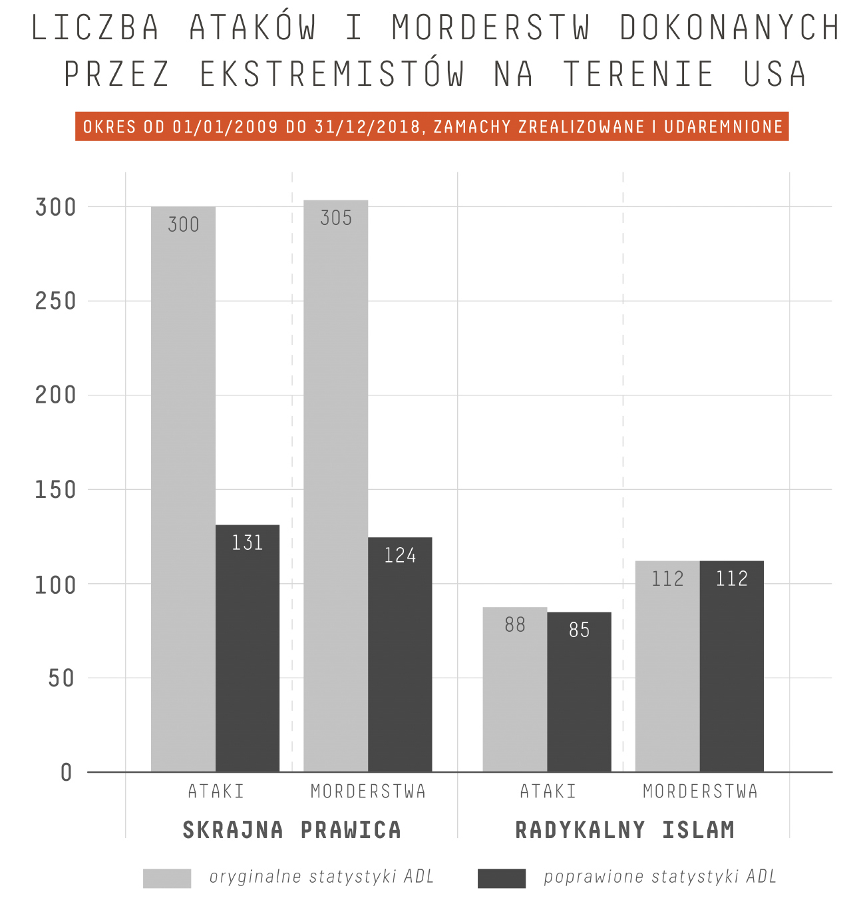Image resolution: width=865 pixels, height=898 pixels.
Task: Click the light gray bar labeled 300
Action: (x=183, y=489)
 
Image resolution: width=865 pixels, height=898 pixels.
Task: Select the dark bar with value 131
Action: (x=248, y=648)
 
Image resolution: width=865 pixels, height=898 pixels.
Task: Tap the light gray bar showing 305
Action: (x=335, y=486)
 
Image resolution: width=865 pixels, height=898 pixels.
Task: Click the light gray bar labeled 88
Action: (x=515, y=690)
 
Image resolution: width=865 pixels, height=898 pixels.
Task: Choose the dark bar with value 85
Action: (x=579, y=692)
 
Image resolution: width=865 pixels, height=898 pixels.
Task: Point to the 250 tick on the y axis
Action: (x=56, y=301)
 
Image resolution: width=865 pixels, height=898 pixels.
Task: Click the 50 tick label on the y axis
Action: (x=62, y=678)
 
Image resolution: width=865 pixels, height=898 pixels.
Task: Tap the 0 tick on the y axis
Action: (x=67, y=773)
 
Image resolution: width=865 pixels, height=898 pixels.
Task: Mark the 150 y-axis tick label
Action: (x=56, y=490)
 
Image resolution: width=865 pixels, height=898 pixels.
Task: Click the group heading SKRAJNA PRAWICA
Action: (x=292, y=830)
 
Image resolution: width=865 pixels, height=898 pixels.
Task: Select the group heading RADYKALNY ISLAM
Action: (x=625, y=830)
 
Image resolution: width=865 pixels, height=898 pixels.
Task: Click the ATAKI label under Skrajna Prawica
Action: (x=216, y=791)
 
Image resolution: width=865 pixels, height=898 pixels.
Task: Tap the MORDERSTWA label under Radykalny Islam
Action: (x=700, y=791)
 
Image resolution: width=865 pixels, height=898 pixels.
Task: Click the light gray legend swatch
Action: (x=167, y=878)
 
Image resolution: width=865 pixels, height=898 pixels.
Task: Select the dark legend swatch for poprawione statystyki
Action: (x=502, y=878)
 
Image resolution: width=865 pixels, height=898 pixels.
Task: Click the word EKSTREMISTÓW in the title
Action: (x=332, y=73)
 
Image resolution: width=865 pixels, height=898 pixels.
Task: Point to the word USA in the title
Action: (x=775, y=73)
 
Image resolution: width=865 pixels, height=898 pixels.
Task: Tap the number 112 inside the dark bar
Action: (x=732, y=578)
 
